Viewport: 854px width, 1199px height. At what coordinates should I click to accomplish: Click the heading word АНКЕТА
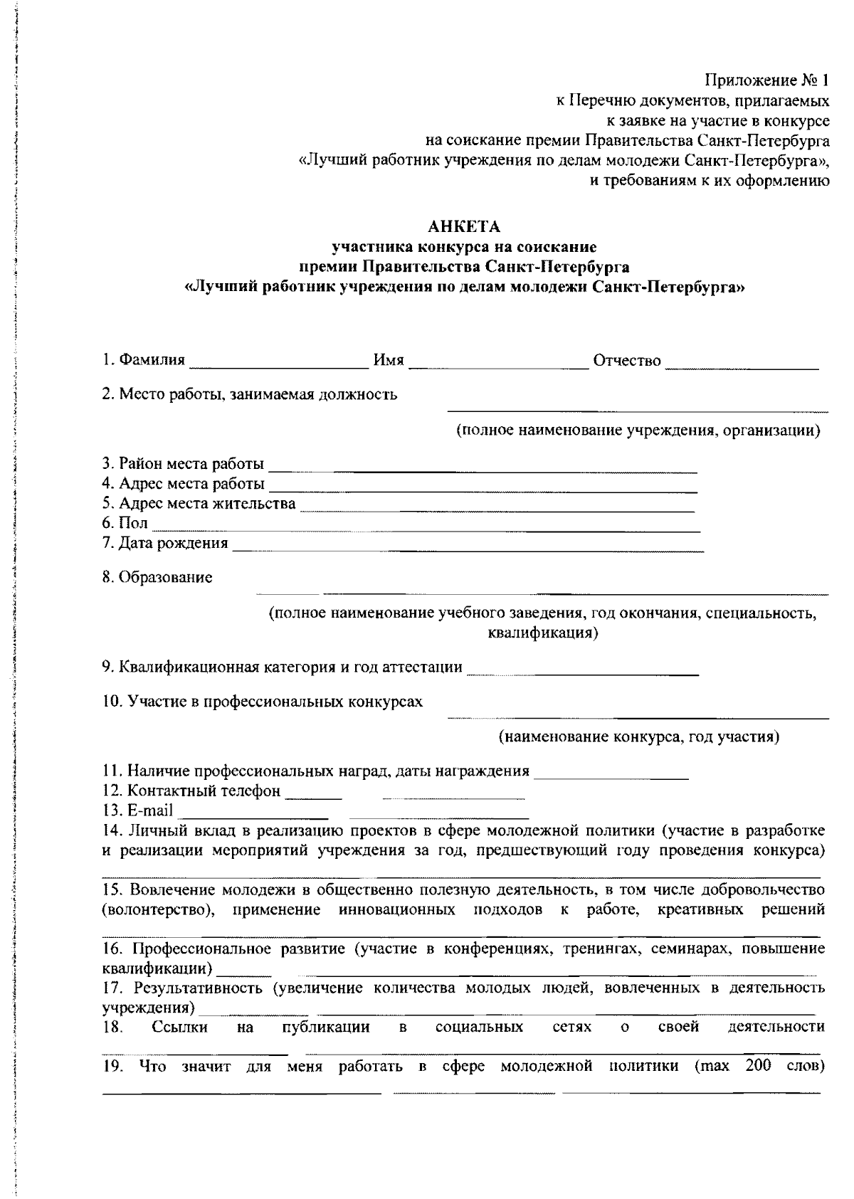coord(464,228)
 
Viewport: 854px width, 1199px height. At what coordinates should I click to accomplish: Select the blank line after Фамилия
coord(278,366)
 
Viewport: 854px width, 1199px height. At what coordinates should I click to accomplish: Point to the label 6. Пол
coord(125,524)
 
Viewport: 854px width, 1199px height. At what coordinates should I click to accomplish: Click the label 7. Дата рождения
coord(165,544)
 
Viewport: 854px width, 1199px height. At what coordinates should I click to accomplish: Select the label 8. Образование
coord(157,578)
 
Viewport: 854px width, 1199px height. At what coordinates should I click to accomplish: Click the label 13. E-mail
coord(138,810)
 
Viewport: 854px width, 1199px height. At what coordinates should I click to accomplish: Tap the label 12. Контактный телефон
coord(191,791)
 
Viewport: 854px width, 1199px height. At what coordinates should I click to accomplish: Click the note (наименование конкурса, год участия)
coord(638,736)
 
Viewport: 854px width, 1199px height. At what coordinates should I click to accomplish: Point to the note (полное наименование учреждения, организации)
coord(638,431)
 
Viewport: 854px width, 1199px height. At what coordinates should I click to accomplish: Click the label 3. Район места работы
coord(183,465)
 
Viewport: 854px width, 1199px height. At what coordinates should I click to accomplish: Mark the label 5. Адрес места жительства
coord(199,504)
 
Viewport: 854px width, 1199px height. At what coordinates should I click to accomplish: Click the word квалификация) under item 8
coord(542,633)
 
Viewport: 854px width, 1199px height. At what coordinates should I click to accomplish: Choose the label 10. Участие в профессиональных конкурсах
coord(262,702)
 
